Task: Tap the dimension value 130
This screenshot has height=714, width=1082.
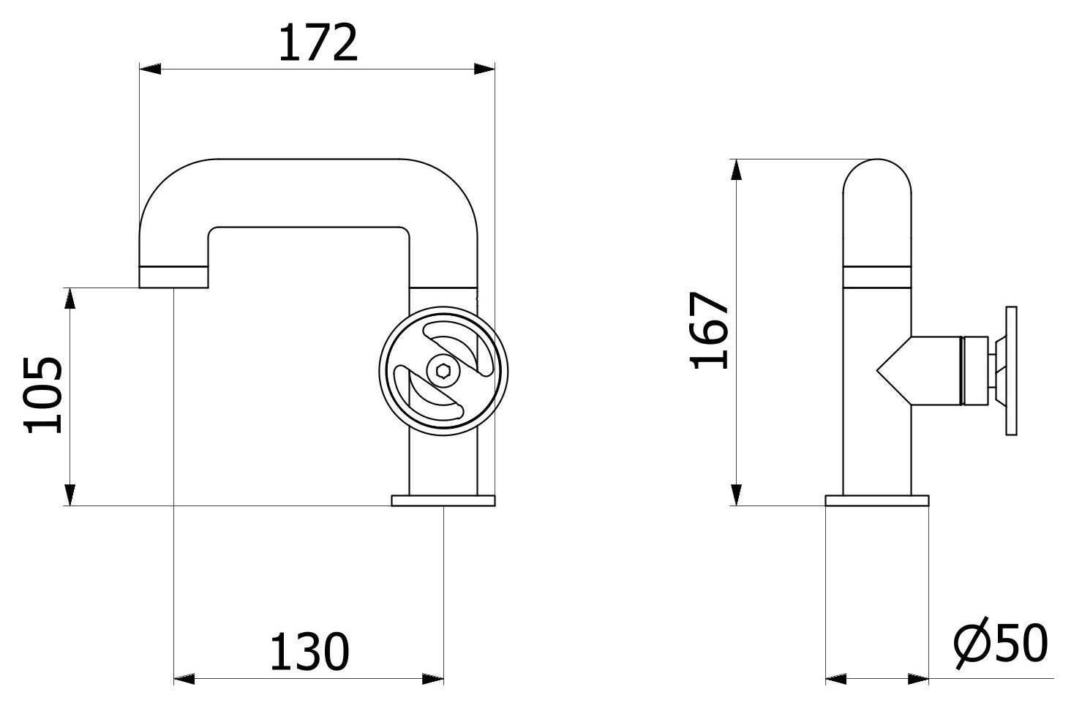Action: (x=309, y=653)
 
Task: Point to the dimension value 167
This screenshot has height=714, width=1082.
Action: (x=710, y=331)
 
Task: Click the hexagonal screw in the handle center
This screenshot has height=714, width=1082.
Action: (x=443, y=372)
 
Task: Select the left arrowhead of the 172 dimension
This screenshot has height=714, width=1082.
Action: (x=149, y=69)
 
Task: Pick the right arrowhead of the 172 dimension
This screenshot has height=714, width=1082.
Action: (x=485, y=69)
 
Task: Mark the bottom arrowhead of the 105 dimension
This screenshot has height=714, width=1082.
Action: (x=70, y=495)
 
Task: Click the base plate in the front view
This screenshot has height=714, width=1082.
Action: (x=443, y=500)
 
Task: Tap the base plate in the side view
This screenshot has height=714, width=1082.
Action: (x=877, y=500)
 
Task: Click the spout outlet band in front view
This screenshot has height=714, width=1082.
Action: (x=174, y=277)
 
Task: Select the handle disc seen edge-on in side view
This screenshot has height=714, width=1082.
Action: (x=1012, y=372)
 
